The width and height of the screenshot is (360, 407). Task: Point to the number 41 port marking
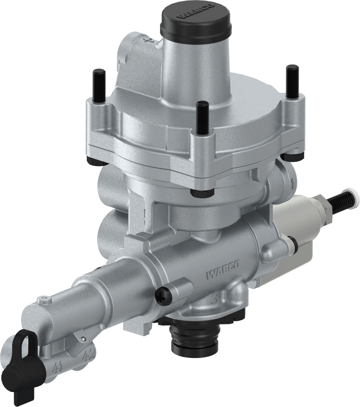coord(57,367)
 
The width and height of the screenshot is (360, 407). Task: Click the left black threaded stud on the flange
coord(98,88)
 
